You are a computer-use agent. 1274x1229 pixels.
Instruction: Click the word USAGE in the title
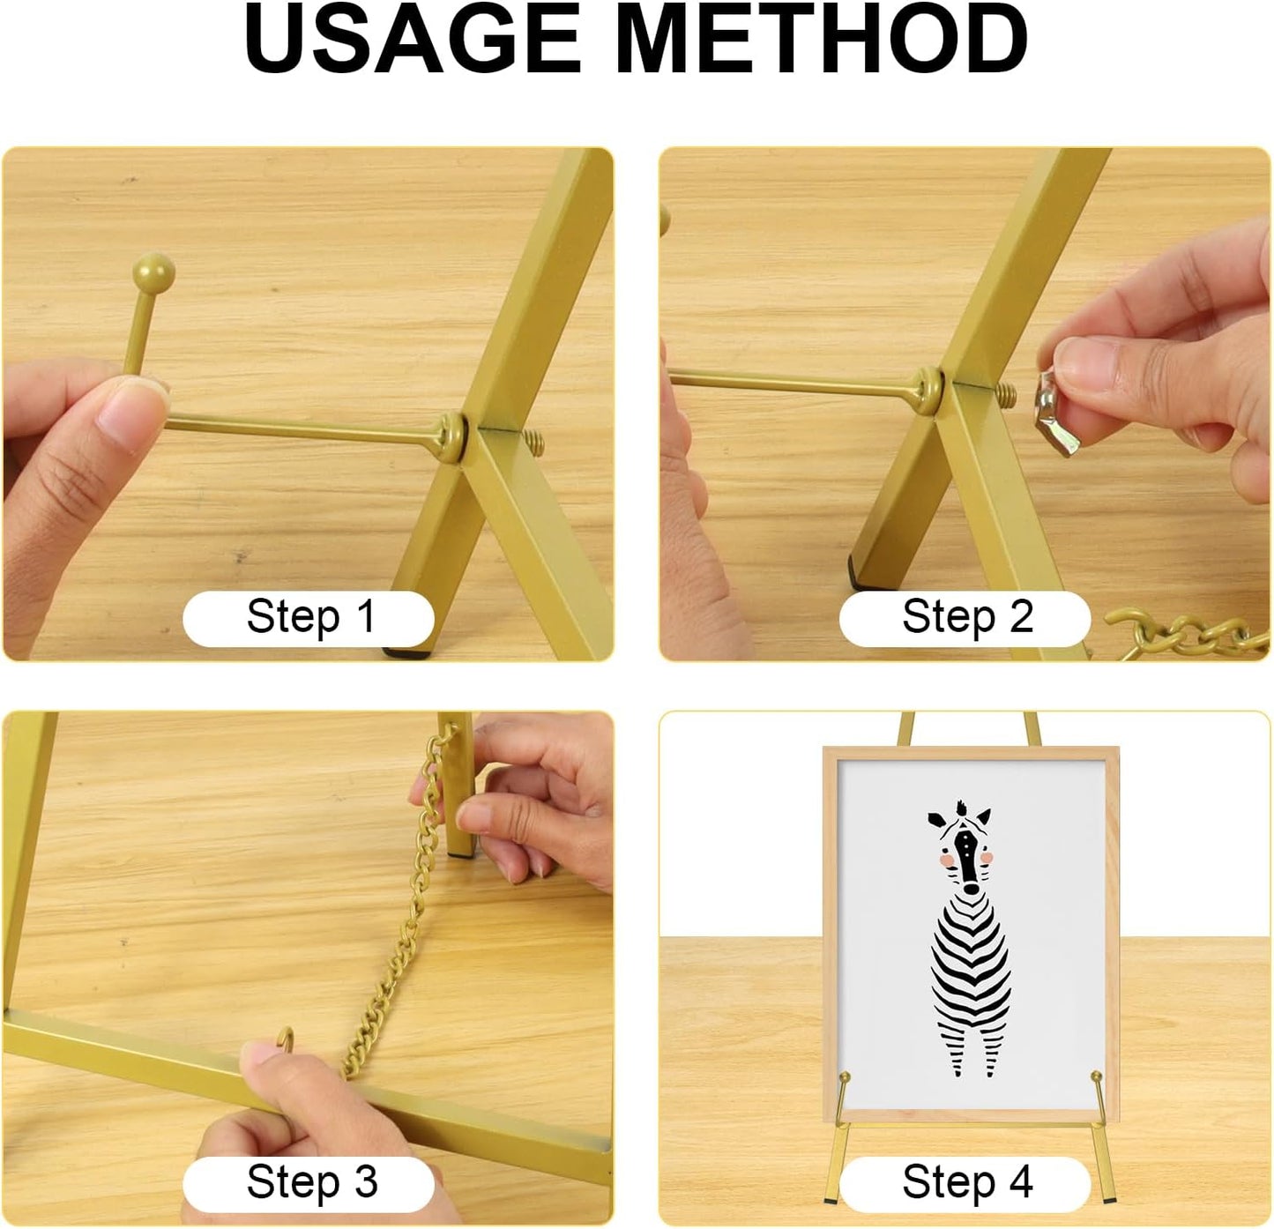click(412, 40)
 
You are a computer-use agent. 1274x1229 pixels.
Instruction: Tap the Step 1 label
click(309, 617)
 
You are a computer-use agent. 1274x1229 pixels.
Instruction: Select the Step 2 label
click(966, 617)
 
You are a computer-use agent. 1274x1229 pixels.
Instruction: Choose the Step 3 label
click(310, 1182)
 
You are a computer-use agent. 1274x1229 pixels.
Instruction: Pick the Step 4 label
click(966, 1182)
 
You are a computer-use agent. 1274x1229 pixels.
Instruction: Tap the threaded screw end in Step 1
click(532, 441)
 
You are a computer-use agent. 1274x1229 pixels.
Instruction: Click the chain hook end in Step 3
click(287, 1039)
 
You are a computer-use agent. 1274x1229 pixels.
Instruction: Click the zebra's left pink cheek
click(945, 858)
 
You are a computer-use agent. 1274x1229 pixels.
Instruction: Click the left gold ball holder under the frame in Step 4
click(845, 1078)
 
